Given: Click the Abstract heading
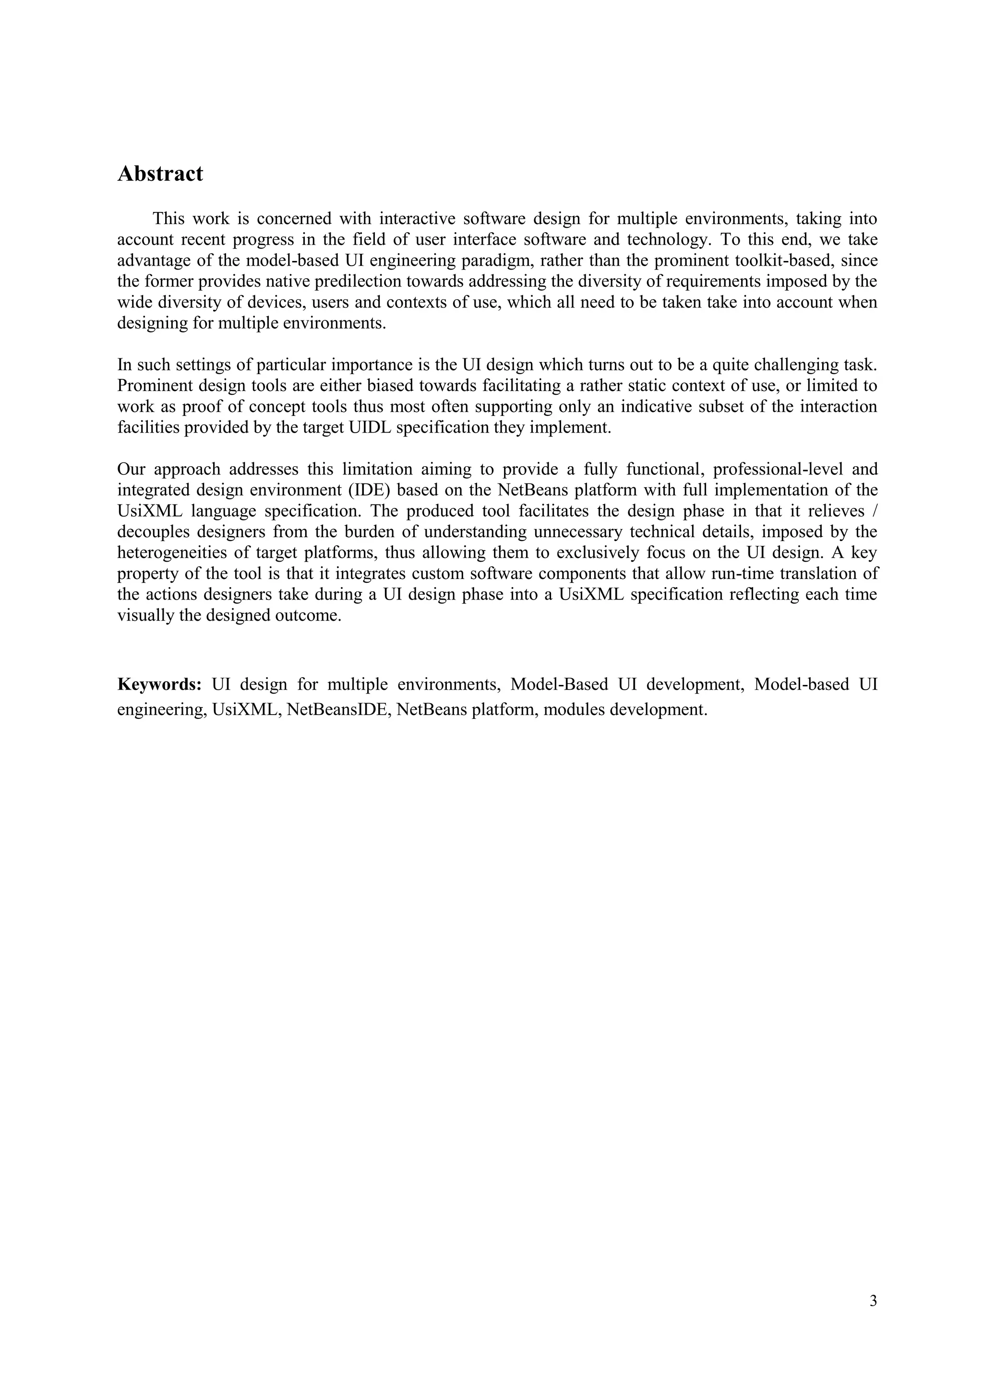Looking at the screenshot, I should tap(160, 174).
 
